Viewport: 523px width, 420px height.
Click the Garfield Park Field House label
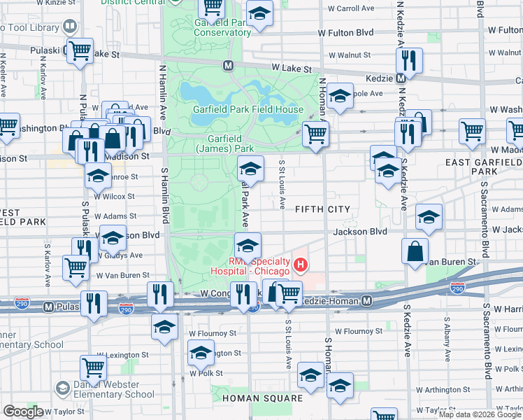click(248, 110)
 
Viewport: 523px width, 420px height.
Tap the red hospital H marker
click(301, 264)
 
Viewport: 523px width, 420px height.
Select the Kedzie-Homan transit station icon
click(367, 300)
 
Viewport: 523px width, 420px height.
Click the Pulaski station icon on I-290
click(48, 307)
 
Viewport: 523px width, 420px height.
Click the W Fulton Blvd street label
click(345, 32)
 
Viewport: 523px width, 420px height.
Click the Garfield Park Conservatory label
click(222, 27)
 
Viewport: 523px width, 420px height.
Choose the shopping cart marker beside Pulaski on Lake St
click(80, 50)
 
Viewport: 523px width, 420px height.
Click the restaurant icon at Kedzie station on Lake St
click(410, 60)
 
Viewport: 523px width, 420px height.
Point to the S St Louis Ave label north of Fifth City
click(282, 184)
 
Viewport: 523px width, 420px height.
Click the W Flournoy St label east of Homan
click(358, 332)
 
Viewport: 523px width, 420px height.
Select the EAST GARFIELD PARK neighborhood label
click(484, 166)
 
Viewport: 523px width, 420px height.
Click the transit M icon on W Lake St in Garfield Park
click(228, 66)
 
